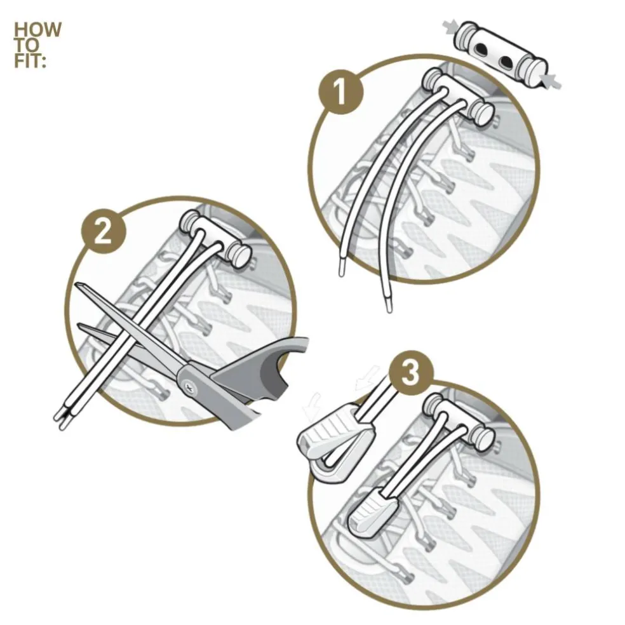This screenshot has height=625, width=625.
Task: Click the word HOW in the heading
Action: [38, 29]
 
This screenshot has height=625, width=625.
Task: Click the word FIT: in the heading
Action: [30, 60]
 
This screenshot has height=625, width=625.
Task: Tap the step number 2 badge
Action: [104, 232]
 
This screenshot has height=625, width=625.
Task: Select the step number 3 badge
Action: [410, 373]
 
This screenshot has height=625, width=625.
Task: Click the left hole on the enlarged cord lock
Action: [481, 50]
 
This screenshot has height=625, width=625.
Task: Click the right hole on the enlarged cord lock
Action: [506, 62]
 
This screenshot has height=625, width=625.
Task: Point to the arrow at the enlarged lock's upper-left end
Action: [450, 27]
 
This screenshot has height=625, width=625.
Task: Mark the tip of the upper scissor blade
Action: [76, 284]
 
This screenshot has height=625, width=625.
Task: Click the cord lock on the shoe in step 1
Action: [457, 98]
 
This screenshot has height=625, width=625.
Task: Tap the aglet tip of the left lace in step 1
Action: [342, 267]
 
